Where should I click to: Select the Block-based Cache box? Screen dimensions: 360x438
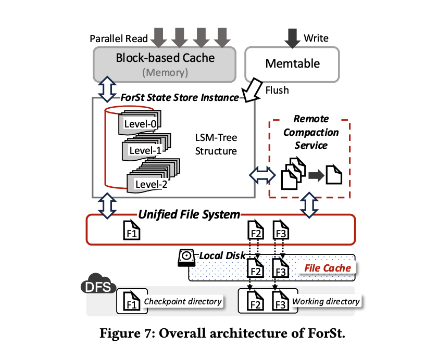pyautogui.click(x=165, y=63)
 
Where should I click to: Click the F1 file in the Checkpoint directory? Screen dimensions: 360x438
pyautogui.click(x=132, y=301)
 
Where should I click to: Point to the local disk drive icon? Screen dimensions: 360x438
pyautogui.click(x=186, y=257)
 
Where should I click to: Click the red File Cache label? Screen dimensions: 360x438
pyautogui.click(x=328, y=268)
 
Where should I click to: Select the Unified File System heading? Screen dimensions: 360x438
pyautogui.click(x=189, y=214)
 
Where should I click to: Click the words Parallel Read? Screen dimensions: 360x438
pyautogui.click(x=119, y=38)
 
